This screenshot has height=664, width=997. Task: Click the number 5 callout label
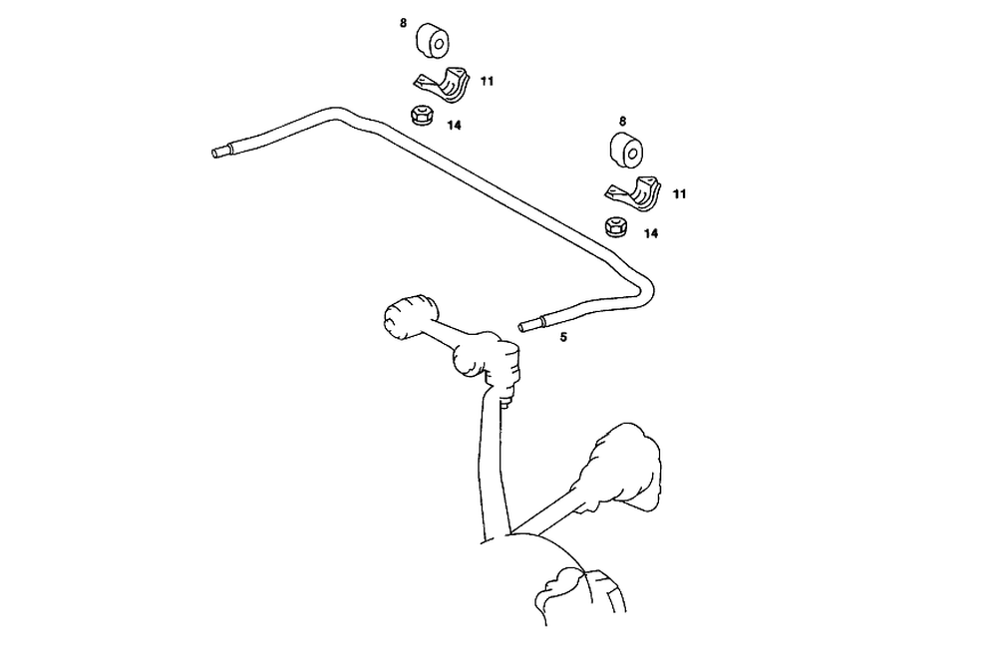coord(563,338)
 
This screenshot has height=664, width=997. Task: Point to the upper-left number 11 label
coord(487,81)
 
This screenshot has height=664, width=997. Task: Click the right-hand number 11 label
coord(679,194)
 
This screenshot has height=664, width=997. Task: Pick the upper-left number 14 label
coord(454,126)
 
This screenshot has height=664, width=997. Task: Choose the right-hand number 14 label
coord(651,234)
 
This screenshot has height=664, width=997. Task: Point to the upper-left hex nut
coord(419,115)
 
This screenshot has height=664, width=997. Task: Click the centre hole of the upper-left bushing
coord(438,41)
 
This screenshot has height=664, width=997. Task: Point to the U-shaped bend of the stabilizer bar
coord(646,289)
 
